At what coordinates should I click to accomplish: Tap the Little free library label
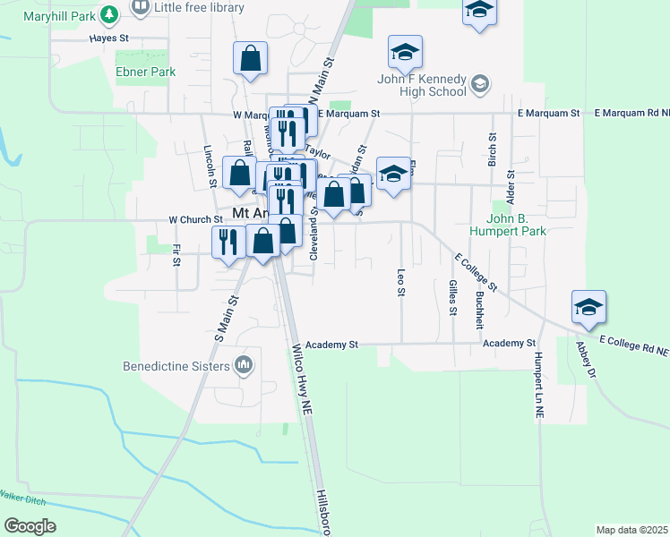point(199,8)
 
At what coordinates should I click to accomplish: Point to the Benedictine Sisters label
point(176,365)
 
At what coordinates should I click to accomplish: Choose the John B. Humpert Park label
point(528,225)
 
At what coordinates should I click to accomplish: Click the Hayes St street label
point(110,39)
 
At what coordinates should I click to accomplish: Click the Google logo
point(30,526)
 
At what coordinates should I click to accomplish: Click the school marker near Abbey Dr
point(588,307)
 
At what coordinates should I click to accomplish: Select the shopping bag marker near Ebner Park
point(251,59)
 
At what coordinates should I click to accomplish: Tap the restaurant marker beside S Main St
point(228,241)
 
